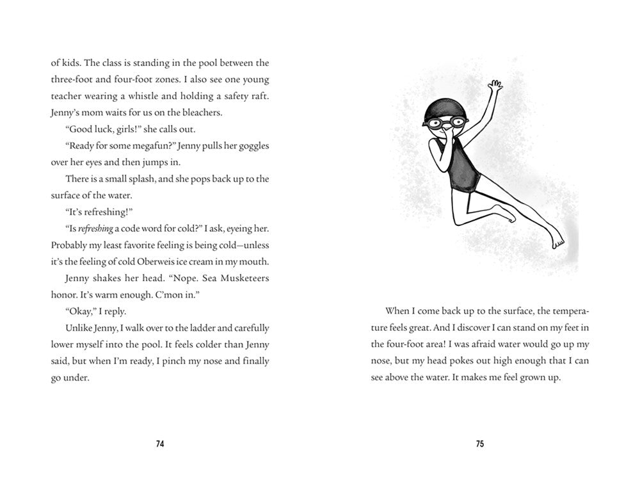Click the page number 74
(x=160, y=444)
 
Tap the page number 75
(x=479, y=444)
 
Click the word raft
(x=260, y=96)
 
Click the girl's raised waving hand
(x=493, y=87)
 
